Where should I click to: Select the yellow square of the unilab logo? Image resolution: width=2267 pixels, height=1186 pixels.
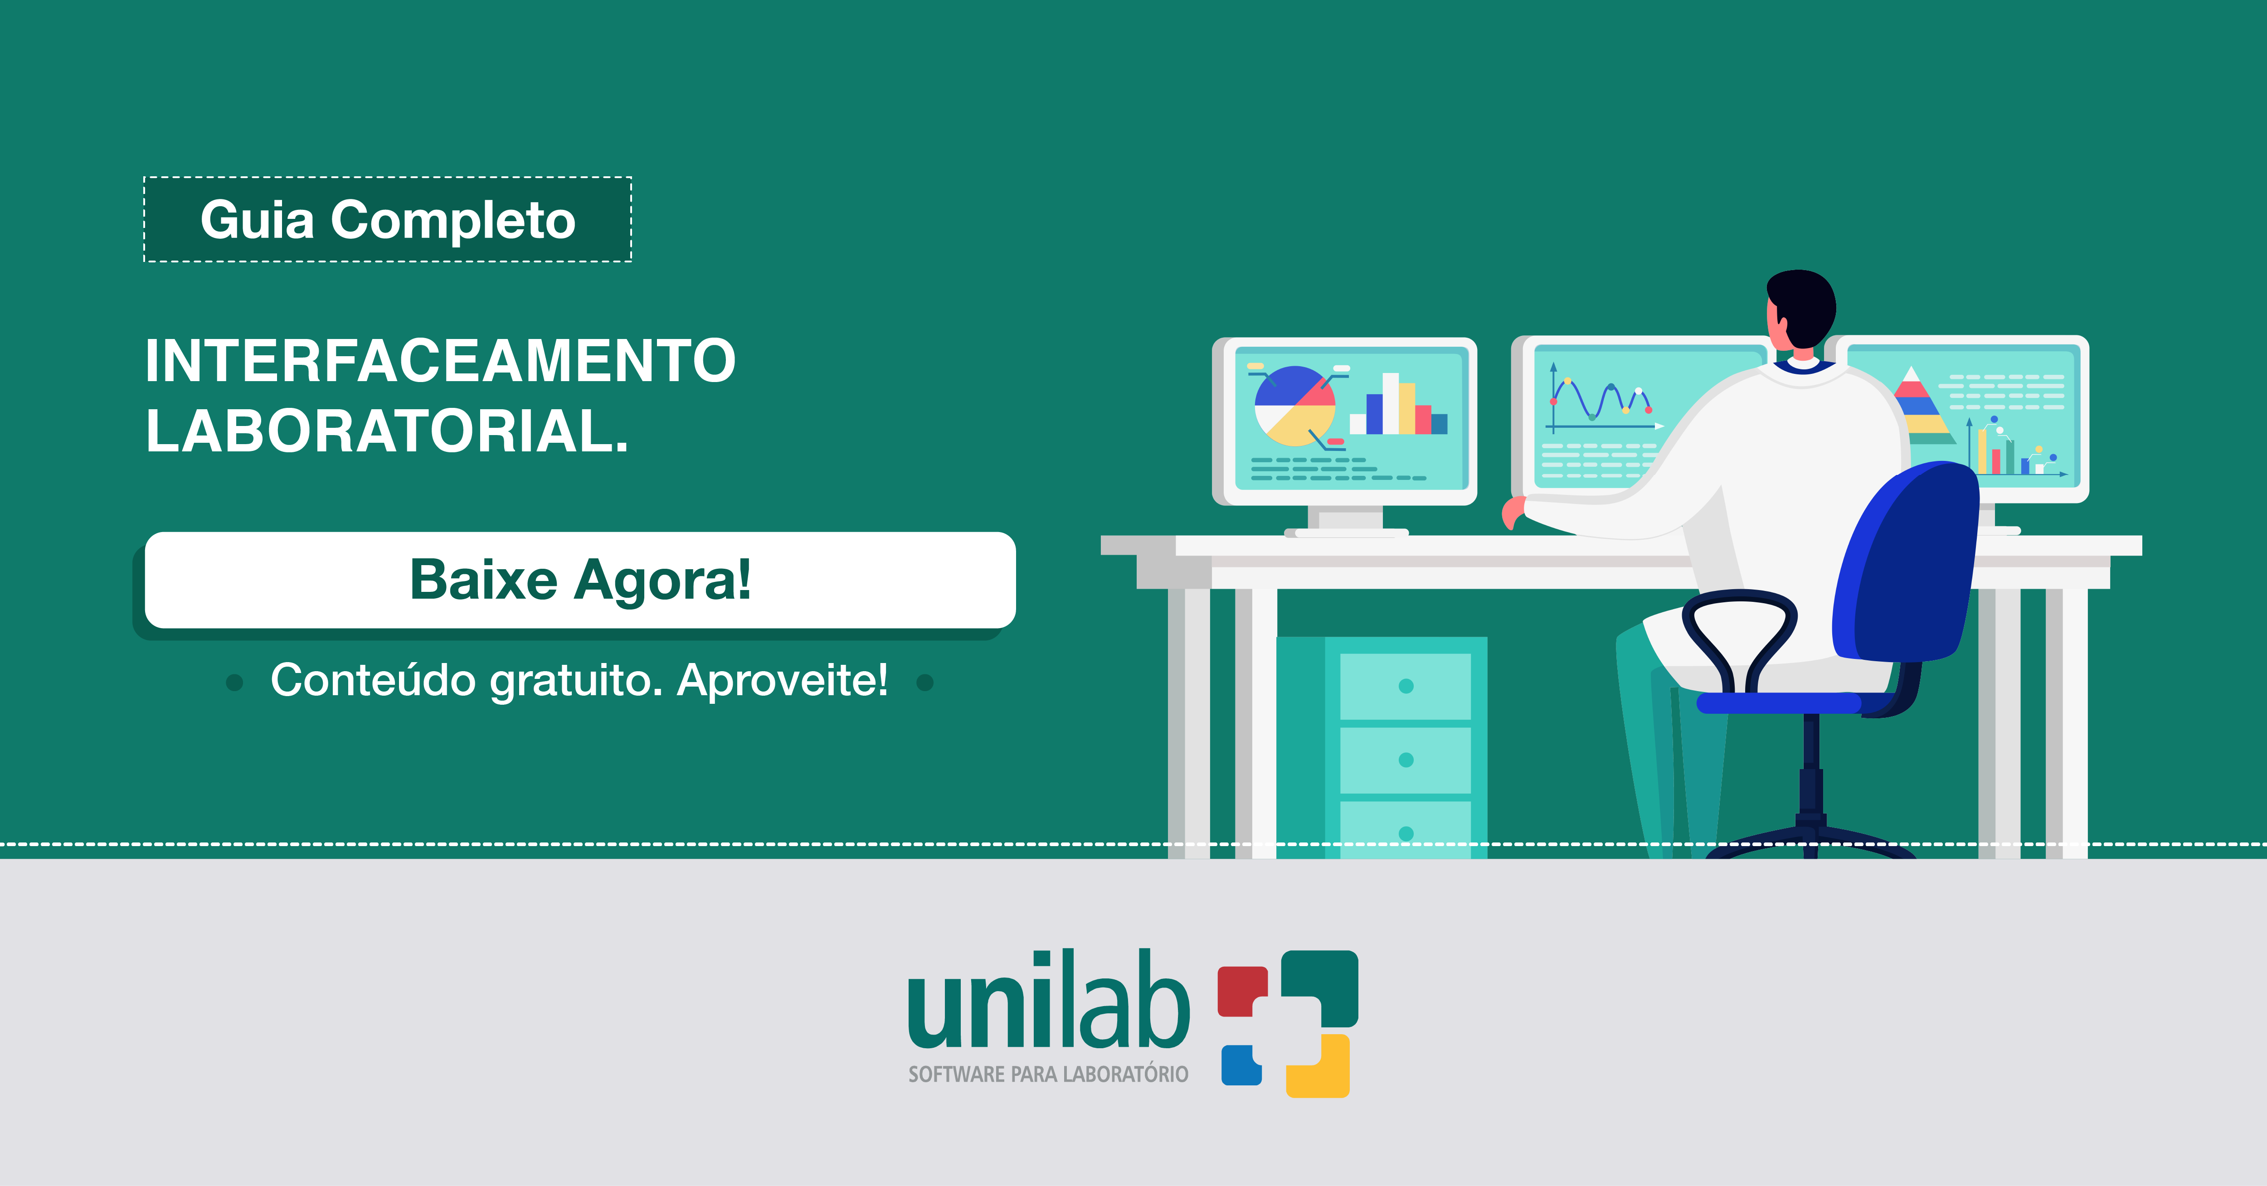click(x=1318, y=1066)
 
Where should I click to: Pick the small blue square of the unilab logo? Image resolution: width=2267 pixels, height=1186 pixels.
click(x=1241, y=1065)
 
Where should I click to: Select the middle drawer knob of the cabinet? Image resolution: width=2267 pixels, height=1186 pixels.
click(x=1406, y=759)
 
